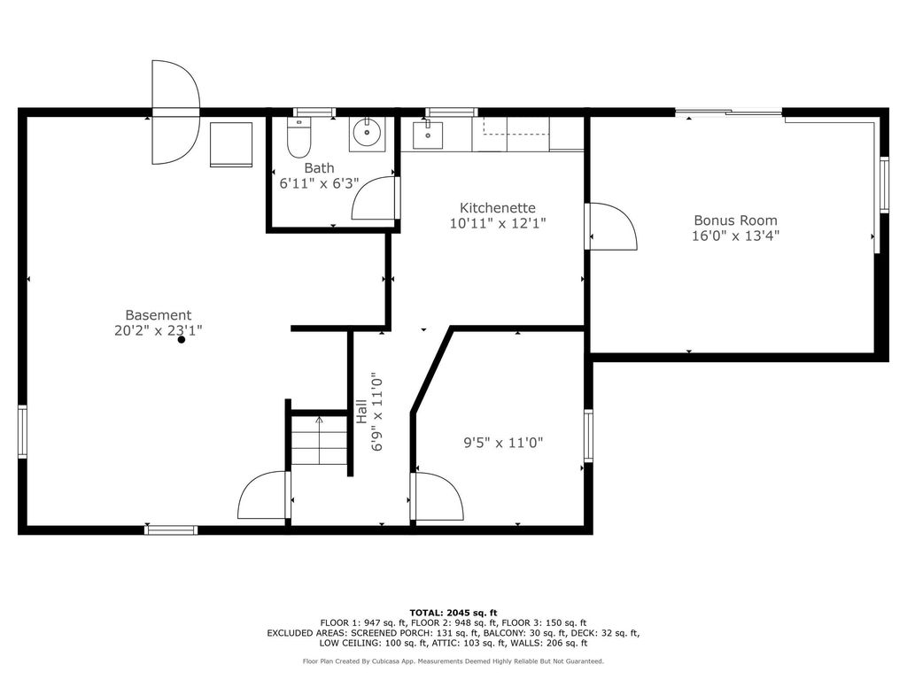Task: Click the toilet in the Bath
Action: (x=299, y=137)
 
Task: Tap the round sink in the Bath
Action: (x=367, y=135)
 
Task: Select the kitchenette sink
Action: (x=428, y=135)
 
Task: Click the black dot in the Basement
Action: (x=181, y=339)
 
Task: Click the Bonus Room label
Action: (x=735, y=220)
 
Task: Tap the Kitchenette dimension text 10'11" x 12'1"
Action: (x=498, y=223)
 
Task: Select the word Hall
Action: (x=361, y=411)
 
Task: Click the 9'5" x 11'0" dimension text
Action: (x=503, y=443)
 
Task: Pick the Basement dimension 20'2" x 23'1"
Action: (x=158, y=330)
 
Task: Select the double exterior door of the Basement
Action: (x=175, y=112)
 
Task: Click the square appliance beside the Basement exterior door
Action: (x=231, y=144)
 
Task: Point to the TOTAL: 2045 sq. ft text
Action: (x=453, y=613)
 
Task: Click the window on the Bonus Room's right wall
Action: (x=884, y=184)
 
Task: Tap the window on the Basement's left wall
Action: (x=22, y=431)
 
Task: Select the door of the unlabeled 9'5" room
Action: (x=437, y=496)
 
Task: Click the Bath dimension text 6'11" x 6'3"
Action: (x=319, y=183)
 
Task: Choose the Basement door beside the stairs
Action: (x=264, y=495)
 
